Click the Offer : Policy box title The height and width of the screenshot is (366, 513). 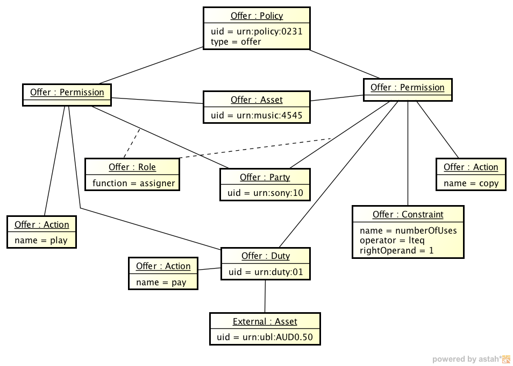pos(256,16)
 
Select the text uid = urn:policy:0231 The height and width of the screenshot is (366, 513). pos(256,31)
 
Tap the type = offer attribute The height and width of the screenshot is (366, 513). pos(236,41)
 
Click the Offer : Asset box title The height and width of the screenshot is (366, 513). pos(256,100)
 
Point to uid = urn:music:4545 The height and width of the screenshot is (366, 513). pos(256,115)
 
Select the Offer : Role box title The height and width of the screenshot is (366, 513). pos(132,167)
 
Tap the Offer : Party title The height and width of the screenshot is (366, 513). pos(265,177)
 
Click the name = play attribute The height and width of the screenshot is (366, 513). pos(41,240)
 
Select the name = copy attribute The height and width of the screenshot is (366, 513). pos(471,183)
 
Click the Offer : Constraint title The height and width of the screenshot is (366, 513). pos(408,214)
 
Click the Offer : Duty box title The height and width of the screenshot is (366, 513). pos(266,256)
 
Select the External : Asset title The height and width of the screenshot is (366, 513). pos(265,321)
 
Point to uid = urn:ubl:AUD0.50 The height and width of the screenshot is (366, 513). pos(265,337)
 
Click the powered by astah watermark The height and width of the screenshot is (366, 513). pos(471,359)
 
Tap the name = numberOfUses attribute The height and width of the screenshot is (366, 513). pos(408,231)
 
